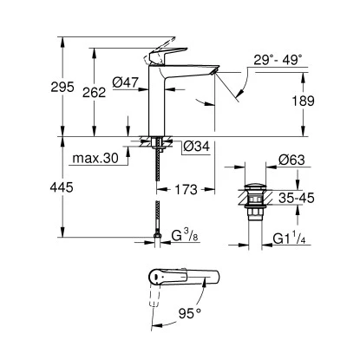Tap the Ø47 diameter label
click(128, 83)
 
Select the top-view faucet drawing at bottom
click(182, 279)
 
